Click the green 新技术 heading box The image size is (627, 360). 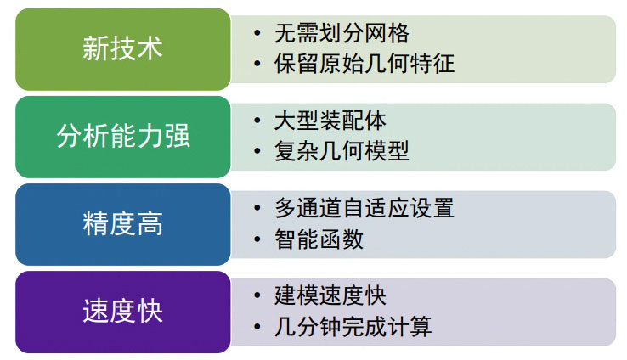[x=122, y=48]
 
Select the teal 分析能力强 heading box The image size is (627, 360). [x=122, y=137]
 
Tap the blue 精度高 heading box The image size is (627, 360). [x=122, y=224]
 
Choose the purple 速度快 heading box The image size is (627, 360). [x=122, y=312]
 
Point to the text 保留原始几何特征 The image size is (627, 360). [x=364, y=64]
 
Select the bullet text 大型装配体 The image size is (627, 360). [x=330, y=121]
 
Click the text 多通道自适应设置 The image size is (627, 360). [x=364, y=208]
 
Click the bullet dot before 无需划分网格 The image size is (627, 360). [x=257, y=33]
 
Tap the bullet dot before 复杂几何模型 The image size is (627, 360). [x=257, y=151]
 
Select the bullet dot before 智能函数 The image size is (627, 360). [x=257, y=239]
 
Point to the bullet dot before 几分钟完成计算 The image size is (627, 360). [x=257, y=327]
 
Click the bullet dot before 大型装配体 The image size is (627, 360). [x=257, y=121]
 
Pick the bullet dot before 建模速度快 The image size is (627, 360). [x=257, y=295]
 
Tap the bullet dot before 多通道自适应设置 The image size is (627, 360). [x=257, y=208]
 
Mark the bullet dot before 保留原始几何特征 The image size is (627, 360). [x=257, y=64]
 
